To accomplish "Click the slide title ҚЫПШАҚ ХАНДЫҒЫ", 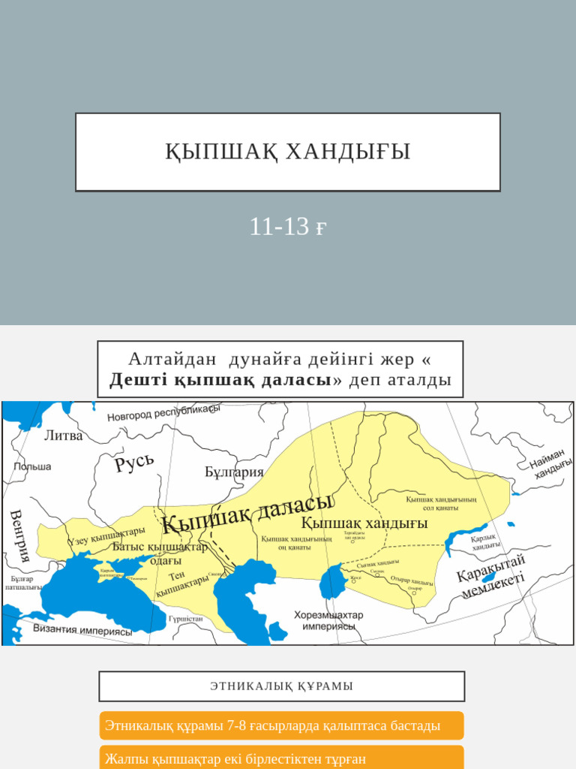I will [288, 152].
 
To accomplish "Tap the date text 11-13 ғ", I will [288, 226].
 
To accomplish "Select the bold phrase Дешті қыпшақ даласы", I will [220, 380].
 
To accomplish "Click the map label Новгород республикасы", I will [163, 413].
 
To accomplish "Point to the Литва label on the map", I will [64, 436].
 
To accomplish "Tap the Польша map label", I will [32, 466].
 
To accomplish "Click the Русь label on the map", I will [135, 463].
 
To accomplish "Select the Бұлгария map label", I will [234, 472].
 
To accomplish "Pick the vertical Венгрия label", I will [19, 535].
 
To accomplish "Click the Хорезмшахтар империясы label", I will [328, 620].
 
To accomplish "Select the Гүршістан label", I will [186, 620].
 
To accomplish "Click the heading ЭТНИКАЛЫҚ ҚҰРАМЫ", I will [282, 686].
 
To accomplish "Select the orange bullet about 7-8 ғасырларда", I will [282, 726].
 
